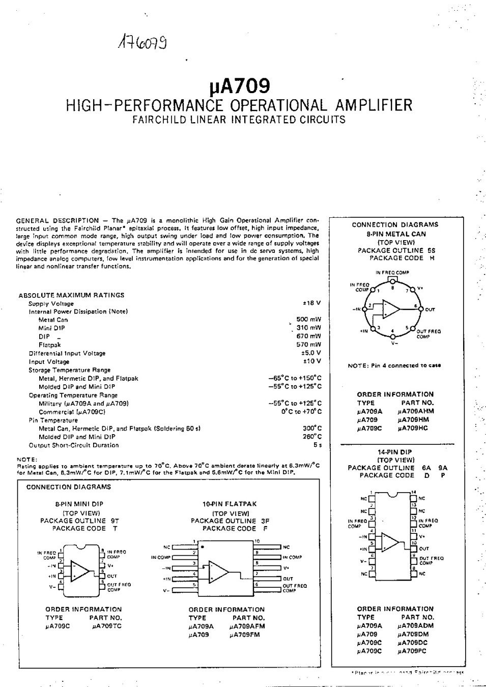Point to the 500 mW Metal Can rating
point(309,320)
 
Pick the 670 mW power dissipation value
point(309,336)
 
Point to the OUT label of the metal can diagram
point(430,309)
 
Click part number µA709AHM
point(416,411)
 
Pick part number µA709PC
point(413,651)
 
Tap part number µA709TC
point(107,626)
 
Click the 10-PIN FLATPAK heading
point(230,504)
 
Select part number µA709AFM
point(247,626)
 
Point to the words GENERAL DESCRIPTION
point(58,220)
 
